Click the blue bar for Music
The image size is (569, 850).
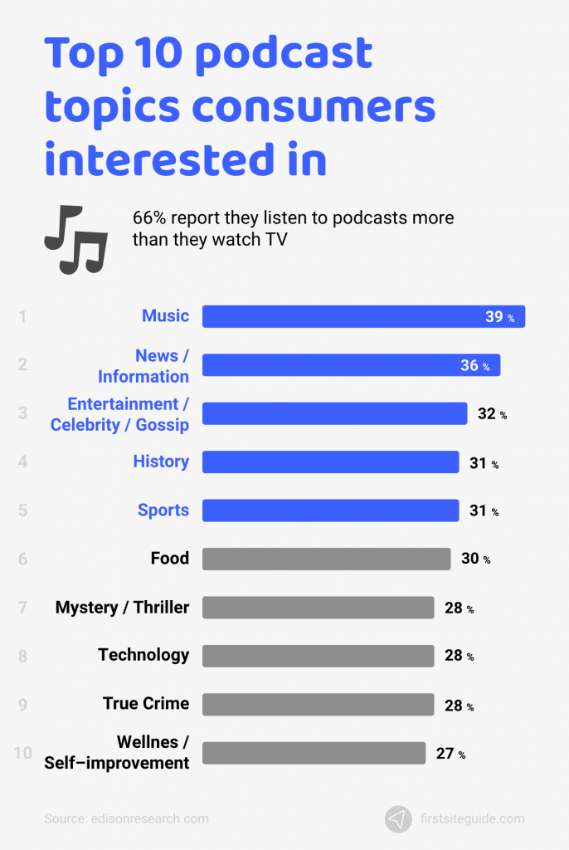[363, 316]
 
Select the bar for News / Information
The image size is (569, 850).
[351, 365]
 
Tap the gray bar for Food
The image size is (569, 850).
[326, 559]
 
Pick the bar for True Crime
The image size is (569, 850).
[318, 704]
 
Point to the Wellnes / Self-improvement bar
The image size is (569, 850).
[314, 753]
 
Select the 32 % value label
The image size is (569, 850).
[491, 413]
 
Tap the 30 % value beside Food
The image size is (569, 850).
[475, 559]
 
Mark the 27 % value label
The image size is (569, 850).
[450, 754]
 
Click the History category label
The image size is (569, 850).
[161, 462]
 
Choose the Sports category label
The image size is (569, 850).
[163, 510]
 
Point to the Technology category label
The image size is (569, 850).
[143, 655]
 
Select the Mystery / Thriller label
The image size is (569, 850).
[122, 608]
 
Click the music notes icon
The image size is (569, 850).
[75, 238]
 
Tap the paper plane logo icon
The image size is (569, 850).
[398, 818]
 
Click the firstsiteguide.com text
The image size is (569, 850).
[472, 818]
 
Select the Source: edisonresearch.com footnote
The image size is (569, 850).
[126, 818]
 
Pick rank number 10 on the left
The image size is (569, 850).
[23, 753]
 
